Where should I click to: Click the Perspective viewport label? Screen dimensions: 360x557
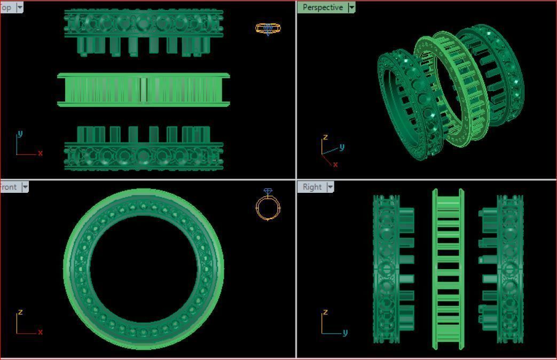323,7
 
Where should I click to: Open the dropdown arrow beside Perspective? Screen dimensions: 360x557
351,7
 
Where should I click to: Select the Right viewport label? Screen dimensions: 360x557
312,187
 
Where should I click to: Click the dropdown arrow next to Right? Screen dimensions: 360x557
330,187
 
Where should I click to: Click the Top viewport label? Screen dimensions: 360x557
6,7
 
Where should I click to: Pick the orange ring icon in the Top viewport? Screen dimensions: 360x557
268,28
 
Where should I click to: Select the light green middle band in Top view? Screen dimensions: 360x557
143,90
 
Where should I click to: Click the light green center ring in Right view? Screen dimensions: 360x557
448,269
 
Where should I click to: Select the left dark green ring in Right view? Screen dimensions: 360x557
386,269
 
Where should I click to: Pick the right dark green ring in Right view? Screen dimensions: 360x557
509,269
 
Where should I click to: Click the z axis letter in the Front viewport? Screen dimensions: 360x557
20,312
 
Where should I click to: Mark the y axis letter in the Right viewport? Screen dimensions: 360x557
345,333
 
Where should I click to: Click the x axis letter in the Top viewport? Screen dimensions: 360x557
40,153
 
